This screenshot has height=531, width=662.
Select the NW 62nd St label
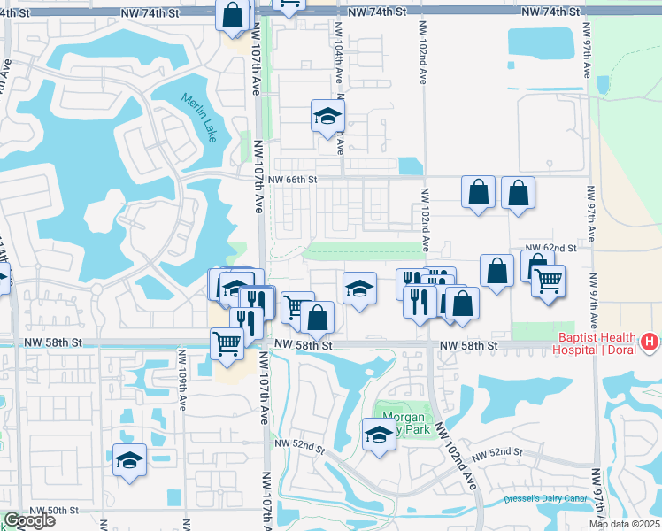[x=550, y=249]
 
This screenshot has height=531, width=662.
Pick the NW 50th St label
[x=55, y=511]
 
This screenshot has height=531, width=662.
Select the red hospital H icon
[x=650, y=341]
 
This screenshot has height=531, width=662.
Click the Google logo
[x=28, y=520]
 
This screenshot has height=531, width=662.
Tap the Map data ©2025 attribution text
[x=624, y=524]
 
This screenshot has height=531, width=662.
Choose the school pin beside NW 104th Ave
[x=327, y=115]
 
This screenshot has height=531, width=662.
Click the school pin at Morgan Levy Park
[x=379, y=435]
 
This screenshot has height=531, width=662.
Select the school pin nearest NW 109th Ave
[x=129, y=460]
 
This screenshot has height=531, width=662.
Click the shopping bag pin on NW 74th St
[x=232, y=15]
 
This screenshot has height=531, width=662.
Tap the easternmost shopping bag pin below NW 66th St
[x=518, y=193]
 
